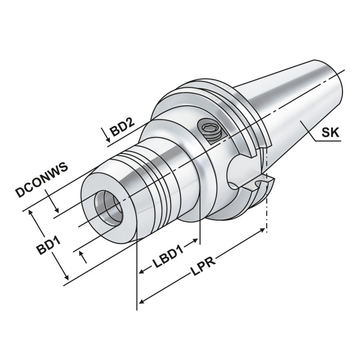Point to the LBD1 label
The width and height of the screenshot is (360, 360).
(167, 260)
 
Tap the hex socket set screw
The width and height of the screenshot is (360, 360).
(211, 130)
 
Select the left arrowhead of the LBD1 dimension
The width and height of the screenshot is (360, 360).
(141, 272)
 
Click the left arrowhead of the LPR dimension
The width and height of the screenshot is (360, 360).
(141, 301)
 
